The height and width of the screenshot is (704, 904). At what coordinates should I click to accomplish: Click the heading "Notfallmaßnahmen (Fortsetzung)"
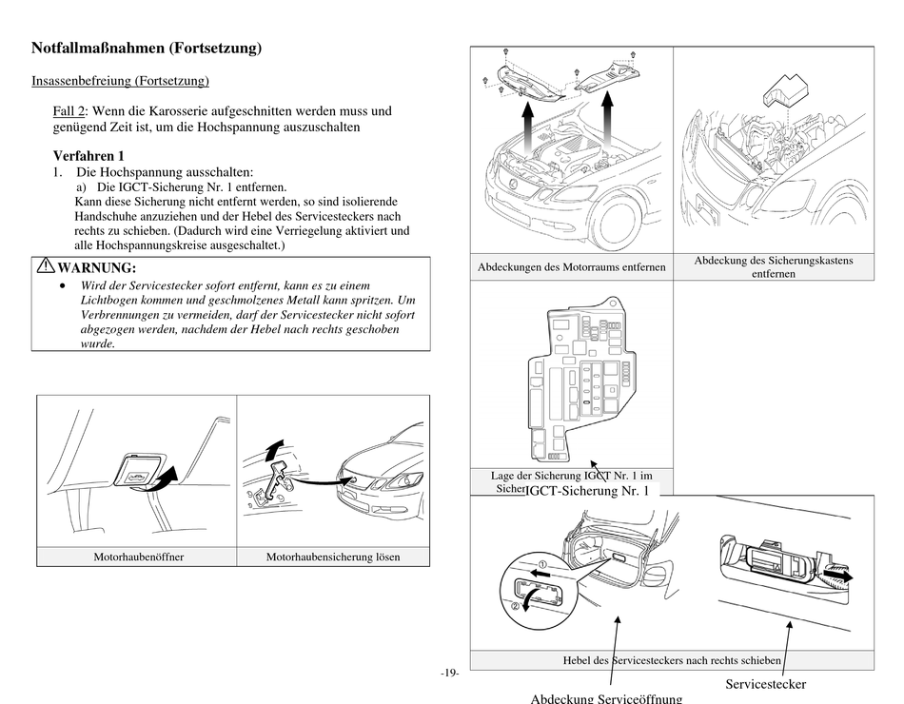(147, 48)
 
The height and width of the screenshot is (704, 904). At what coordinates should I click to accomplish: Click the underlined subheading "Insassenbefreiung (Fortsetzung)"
(121, 81)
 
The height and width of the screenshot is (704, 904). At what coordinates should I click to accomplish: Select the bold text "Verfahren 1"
(88, 156)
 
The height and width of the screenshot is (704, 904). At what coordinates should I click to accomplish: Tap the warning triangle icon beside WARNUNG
(46, 267)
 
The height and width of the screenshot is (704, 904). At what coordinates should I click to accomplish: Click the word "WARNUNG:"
(97, 268)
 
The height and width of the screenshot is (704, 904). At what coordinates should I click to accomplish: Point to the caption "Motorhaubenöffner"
(138, 557)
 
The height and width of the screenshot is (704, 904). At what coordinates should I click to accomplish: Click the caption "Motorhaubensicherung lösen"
(333, 557)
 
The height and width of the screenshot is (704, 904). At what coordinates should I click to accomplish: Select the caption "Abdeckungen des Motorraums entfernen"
(572, 267)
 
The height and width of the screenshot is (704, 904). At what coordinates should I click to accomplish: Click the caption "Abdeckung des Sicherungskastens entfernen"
(774, 266)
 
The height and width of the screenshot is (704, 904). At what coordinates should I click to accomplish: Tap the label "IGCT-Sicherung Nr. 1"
(587, 491)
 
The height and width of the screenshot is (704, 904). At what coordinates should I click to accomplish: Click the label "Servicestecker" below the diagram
(766, 684)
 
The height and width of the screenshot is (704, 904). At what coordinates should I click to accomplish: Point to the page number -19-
(450, 674)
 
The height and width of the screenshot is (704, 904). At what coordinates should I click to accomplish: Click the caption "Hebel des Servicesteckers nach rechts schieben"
(672, 660)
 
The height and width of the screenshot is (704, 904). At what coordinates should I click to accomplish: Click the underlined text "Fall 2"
(69, 111)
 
